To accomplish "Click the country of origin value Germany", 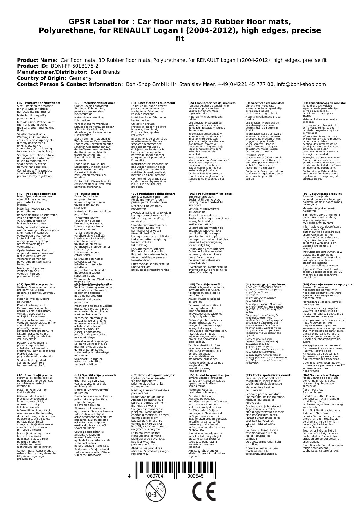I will [80, 78].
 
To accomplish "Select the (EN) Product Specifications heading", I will [39, 103].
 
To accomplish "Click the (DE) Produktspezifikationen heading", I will [95, 103].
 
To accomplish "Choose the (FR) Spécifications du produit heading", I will [154, 103].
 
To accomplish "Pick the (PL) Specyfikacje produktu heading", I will [323, 194].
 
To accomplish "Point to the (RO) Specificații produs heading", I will [35, 375].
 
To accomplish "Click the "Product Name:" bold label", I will [37, 60].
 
